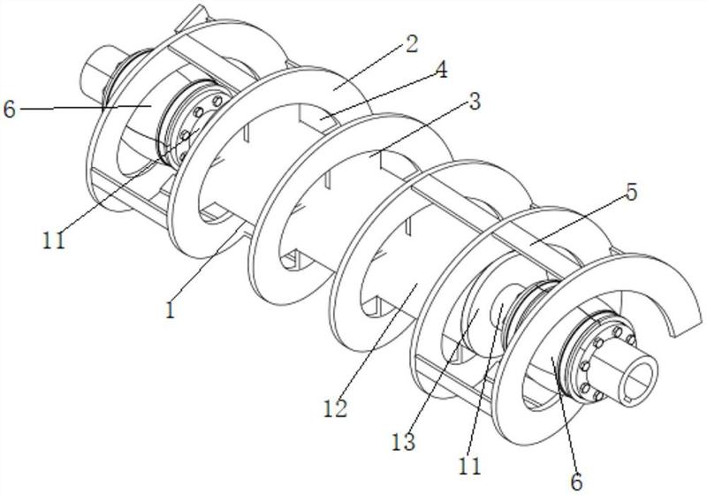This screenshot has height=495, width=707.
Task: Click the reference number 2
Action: pos(411,43)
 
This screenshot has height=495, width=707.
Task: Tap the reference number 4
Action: pos(441,70)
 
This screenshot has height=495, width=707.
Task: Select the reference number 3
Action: pos(474,102)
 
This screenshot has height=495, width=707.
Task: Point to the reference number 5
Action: pos(631,193)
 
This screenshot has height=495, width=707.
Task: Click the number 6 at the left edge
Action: pos(10,109)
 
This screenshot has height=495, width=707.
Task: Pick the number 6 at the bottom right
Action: pos(576,482)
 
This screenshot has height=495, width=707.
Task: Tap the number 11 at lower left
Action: pos(54,240)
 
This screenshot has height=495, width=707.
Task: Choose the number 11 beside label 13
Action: pos(470,466)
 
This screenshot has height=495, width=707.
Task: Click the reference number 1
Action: pos(170,310)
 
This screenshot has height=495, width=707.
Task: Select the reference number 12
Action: pos(336,408)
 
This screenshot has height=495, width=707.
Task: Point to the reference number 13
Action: pos(403,442)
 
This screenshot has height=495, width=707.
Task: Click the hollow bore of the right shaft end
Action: pos(638,373)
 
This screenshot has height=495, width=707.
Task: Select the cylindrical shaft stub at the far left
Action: pos(95,68)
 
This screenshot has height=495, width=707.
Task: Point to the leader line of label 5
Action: pos(578,220)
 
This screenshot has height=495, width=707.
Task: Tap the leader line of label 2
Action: pos(369,67)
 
